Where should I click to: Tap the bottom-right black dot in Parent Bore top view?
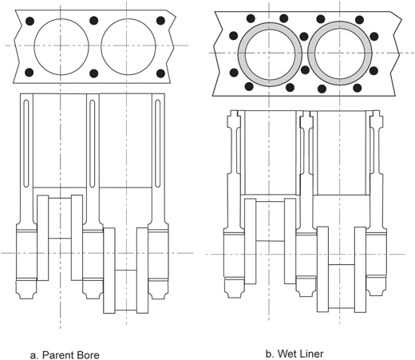160,73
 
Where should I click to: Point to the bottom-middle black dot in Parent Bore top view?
94,73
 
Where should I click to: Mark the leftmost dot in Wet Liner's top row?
227,18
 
